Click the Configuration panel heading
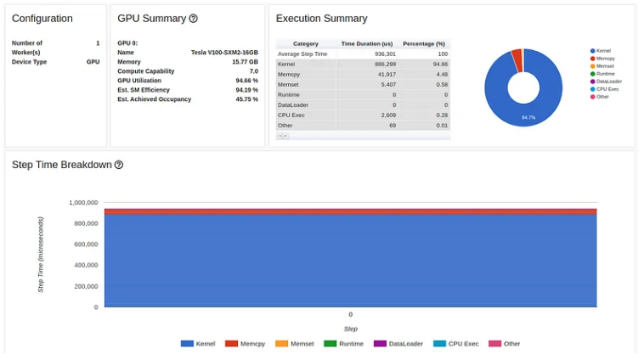coord(42,19)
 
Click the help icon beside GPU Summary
coord(194,19)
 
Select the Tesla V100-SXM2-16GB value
coord(224,52)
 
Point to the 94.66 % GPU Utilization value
coord(246,81)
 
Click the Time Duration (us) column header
coord(366,43)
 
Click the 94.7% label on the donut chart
coord(528,117)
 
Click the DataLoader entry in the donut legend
coord(609,82)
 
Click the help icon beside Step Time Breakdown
coord(119,165)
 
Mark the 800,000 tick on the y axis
coord(84,223)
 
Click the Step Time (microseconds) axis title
coord(41,255)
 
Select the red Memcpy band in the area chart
coord(350,211)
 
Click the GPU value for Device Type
coord(93,62)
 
